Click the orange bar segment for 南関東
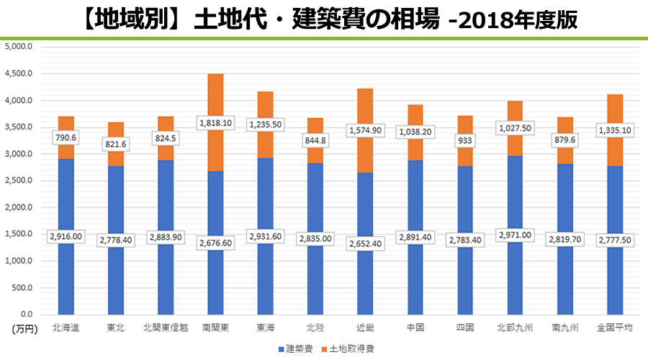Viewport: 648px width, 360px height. [215, 101]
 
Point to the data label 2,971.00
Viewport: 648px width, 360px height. [515, 235]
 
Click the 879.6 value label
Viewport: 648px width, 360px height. [564, 140]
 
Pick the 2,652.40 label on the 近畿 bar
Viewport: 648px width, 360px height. [365, 243]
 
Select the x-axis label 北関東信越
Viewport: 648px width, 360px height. [166, 328]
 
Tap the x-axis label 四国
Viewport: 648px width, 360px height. [465, 328]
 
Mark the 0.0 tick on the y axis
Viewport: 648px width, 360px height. [25, 315]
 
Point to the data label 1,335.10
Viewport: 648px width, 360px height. [614, 130]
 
